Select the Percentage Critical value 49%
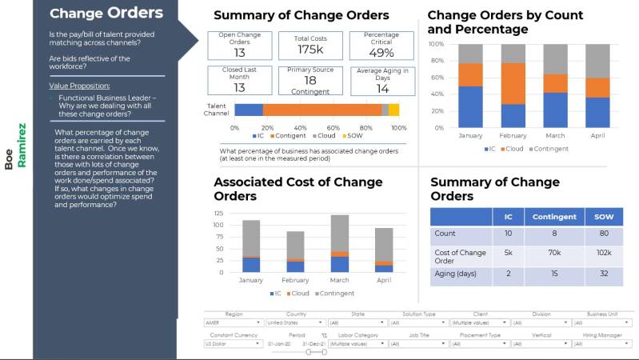coord(381,53)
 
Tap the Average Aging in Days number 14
coord(381,88)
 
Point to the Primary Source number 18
coord(310,81)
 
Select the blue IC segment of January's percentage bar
coord(471,108)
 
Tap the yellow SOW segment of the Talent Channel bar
coord(394,110)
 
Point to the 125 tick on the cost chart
coord(218,213)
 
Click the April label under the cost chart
coord(383,281)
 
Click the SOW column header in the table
coord(604,217)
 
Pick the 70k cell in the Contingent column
coord(555,254)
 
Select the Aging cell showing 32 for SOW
coord(604,273)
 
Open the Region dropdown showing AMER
coord(234,323)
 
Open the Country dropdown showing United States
coord(295,323)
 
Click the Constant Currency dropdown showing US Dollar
coord(234,344)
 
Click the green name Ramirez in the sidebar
coord(22,144)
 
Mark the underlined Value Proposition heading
coord(79,85)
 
